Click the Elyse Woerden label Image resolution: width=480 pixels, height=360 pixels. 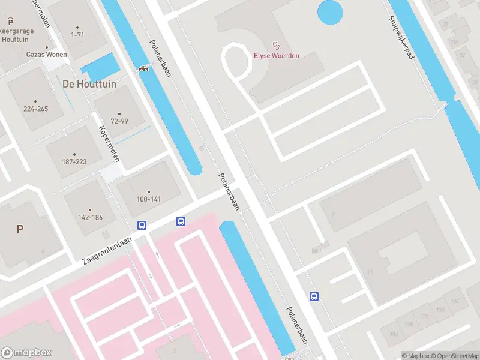pos(276,56)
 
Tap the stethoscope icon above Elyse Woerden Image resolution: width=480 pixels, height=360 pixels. pos(276,45)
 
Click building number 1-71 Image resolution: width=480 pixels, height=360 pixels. pos(77,35)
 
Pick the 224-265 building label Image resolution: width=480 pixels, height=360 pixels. pos(35,109)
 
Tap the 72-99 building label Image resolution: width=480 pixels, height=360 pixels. pos(119,121)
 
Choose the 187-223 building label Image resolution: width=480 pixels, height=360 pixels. pos(74,162)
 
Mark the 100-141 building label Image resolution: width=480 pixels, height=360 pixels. pos(149,199)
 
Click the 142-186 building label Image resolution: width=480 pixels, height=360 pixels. pos(90,217)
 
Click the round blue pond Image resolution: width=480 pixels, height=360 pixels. pos(329,12)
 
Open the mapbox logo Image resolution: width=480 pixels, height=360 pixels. pos(26,353)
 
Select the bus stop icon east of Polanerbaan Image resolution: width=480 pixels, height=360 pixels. pos(314,296)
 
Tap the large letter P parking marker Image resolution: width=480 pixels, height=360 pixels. pos(20,228)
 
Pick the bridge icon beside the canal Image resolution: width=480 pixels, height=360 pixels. pos(144,68)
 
